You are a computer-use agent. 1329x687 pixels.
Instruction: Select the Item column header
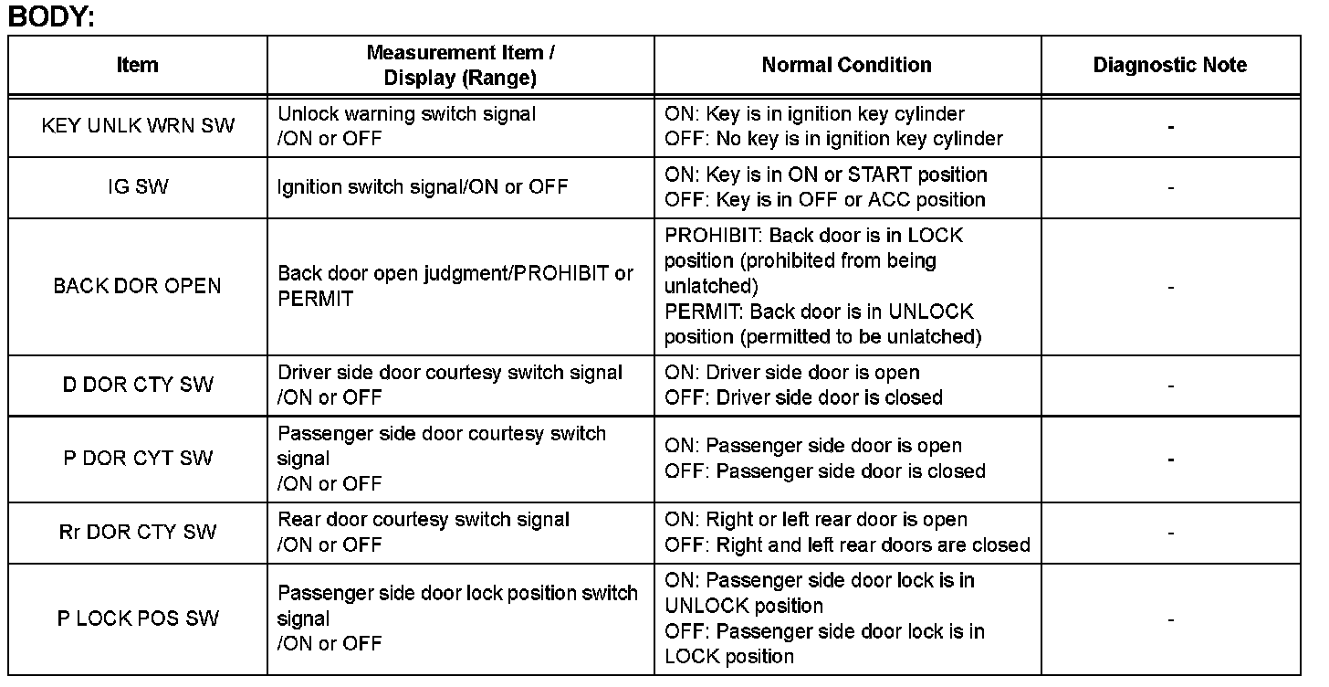coord(138,66)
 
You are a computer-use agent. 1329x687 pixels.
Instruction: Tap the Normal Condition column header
coord(846,65)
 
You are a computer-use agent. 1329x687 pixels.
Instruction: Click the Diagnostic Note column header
coord(1169,65)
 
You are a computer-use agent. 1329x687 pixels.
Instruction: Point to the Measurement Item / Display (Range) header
coord(460,65)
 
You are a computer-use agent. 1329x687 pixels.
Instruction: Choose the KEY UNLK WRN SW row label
coord(138,126)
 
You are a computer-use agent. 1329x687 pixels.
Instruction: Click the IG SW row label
coord(138,187)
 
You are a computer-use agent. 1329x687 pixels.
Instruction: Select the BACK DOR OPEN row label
coord(138,286)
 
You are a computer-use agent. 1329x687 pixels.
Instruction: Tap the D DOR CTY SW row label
coord(138,385)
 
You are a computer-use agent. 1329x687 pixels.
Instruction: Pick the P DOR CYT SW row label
coord(138,459)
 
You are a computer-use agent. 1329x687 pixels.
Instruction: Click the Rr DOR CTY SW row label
coord(138,532)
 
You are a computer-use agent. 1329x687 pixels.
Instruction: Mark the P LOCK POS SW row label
coord(138,618)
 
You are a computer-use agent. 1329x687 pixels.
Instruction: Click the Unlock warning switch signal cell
coord(407,126)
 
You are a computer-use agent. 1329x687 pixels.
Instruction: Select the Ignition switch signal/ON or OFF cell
coord(423,187)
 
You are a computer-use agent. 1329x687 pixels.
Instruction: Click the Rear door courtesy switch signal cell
coord(424,532)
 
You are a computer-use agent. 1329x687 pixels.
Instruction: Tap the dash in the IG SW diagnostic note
coord(1170,188)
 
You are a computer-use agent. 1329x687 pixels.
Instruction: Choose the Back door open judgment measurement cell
coord(455,286)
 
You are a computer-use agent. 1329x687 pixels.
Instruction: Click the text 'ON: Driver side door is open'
coord(792,373)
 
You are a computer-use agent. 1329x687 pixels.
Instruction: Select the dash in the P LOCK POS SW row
coord(1170,619)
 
